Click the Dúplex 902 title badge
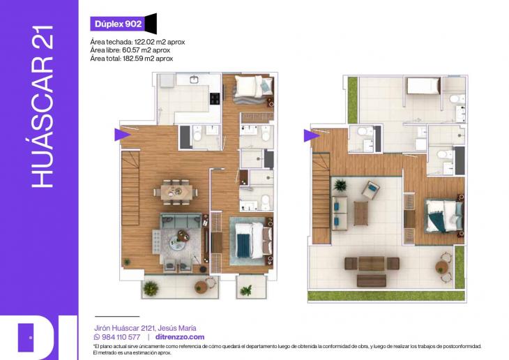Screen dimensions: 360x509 click(117, 24)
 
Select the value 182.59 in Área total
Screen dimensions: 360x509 click(137, 59)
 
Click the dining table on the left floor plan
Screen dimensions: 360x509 click(176, 189)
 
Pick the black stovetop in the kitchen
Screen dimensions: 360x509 click(214, 98)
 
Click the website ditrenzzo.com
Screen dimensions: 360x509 click(180, 337)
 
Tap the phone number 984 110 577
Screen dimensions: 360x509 click(121, 337)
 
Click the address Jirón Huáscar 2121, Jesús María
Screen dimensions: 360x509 click(145, 328)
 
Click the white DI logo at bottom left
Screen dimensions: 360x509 click(35, 338)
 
